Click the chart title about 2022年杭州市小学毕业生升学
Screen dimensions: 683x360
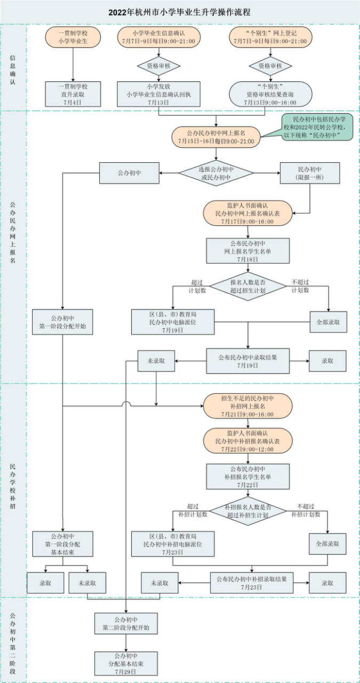point(180,12)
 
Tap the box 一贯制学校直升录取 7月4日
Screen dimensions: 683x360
point(73,94)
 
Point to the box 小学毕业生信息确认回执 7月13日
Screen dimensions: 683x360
point(158,94)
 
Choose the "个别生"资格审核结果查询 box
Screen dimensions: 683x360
point(270,94)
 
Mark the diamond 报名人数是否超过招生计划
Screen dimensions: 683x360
point(247,287)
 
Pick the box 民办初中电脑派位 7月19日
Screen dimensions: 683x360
point(173,322)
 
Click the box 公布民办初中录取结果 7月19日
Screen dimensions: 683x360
point(247,361)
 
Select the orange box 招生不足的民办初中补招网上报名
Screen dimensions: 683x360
point(247,406)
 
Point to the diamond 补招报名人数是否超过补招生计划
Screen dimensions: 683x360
point(247,511)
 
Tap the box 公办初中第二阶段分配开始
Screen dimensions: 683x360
point(126,624)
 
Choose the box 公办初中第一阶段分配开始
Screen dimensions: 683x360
point(62,322)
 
